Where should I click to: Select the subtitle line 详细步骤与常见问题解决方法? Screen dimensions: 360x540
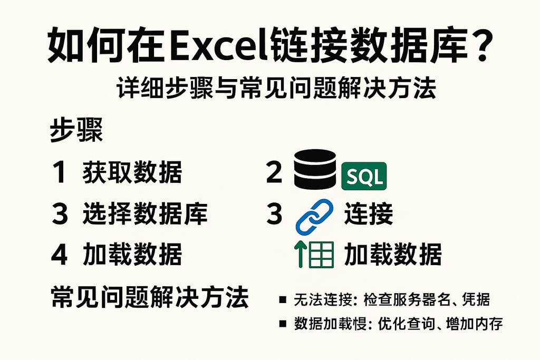point(269,87)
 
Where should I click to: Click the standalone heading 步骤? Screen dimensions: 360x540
point(76,130)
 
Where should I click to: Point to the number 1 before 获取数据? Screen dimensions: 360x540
point(59,173)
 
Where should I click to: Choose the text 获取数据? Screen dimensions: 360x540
point(132,173)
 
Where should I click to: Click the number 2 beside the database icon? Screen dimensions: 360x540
point(274,172)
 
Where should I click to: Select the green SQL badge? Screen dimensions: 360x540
point(364,177)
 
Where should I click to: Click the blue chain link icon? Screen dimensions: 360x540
point(314,216)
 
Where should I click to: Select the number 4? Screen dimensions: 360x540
point(59,255)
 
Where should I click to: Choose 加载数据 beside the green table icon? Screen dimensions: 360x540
point(392,255)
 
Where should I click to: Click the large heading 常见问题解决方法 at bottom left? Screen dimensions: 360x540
point(150,298)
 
